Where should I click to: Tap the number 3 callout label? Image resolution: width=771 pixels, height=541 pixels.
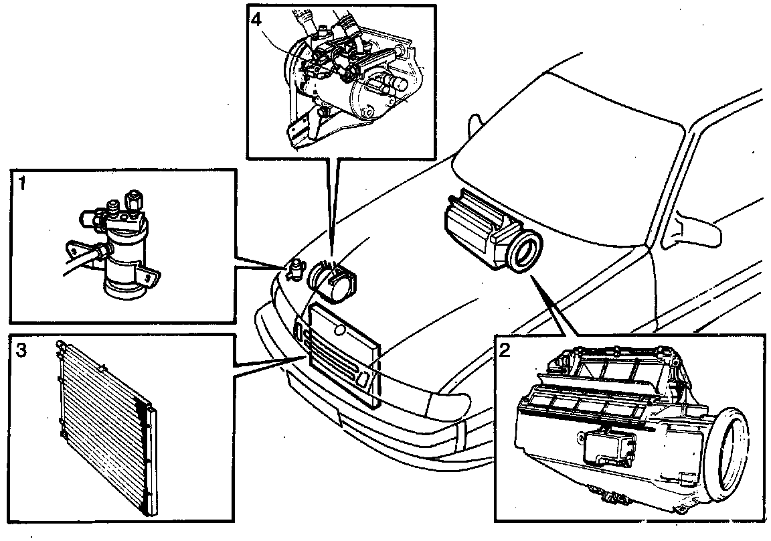tap(21, 349)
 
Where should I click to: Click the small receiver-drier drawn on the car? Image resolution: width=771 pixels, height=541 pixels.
tap(292, 270)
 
